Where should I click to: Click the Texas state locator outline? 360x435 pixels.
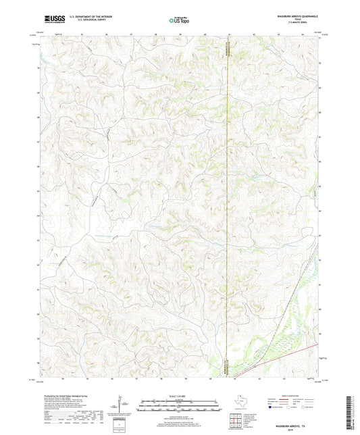[240, 405]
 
